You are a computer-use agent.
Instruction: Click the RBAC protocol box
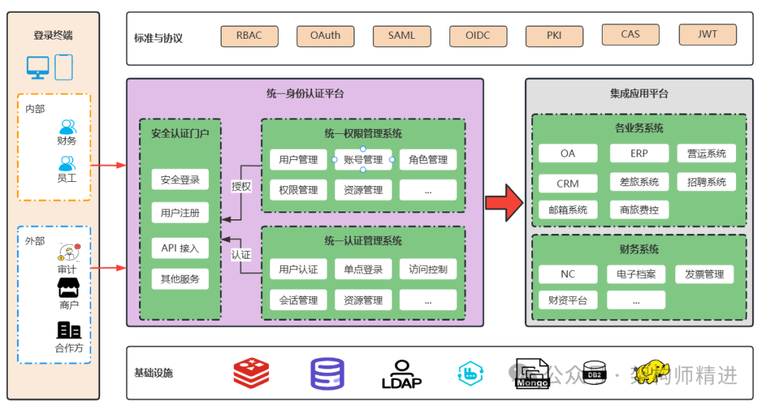[x=249, y=36]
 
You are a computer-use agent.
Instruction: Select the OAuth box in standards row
[x=325, y=36]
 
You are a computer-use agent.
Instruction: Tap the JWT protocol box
[x=707, y=35]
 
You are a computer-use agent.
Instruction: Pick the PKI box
[x=554, y=36]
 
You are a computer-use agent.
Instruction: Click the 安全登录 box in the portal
[x=180, y=180]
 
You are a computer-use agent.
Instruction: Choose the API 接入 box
[x=180, y=248]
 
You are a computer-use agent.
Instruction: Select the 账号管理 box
[x=363, y=160]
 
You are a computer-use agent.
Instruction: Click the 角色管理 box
[x=428, y=160]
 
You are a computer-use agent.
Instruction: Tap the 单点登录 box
[x=363, y=269]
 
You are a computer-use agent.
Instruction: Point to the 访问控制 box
[x=428, y=269]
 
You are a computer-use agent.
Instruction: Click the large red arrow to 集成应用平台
[x=504, y=202]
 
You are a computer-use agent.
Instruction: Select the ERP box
[x=639, y=154]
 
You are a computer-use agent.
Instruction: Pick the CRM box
[x=567, y=183]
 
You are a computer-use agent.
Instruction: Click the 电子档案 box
[x=636, y=274]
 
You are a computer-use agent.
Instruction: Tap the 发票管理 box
[x=704, y=274]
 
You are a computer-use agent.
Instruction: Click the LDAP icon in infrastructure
[x=401, y=374]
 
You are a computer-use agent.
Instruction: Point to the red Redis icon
[x=251, y=374]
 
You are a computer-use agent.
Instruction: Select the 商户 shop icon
[x=68, y=288]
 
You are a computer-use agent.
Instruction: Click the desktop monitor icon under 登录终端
[x=38, y=68]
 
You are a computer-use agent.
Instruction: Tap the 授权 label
[x=241, y=187]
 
